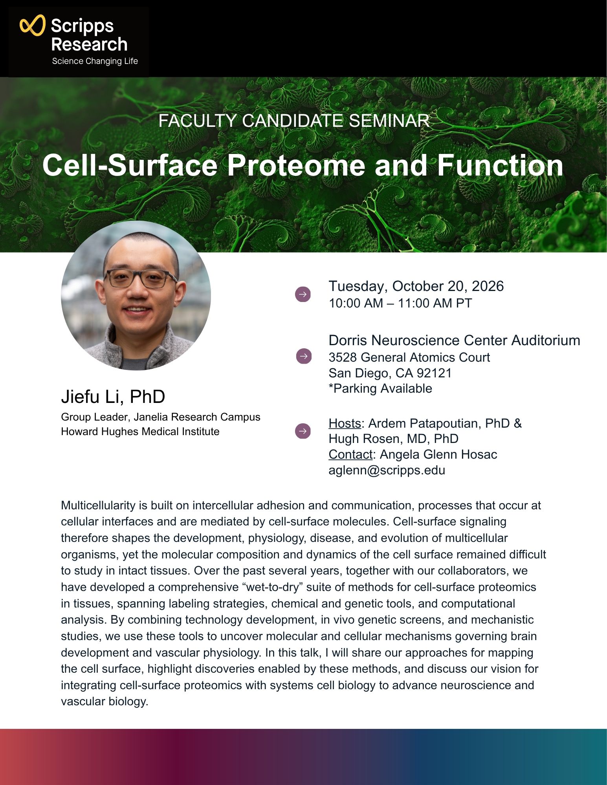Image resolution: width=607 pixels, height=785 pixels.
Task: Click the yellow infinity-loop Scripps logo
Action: point(33,26)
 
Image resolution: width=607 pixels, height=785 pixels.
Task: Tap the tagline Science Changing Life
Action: point(95,61)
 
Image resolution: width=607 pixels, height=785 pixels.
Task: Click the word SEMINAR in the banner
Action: point(389,121)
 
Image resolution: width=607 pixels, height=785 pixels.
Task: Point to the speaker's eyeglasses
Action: point(140,278)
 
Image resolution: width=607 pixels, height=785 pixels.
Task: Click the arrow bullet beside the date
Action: point(303,294)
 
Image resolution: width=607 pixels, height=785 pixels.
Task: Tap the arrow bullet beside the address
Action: point(304,356)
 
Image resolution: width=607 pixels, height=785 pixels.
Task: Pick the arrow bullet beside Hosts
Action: point(303,431)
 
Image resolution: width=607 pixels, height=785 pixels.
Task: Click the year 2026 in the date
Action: point(488,286)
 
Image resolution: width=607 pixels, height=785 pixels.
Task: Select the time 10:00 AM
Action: point(356,303)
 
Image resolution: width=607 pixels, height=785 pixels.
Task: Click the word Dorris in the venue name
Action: point(348,340)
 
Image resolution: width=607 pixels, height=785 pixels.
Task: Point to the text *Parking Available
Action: point(380,388)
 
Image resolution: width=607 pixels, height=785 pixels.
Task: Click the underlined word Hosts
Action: point(345,423)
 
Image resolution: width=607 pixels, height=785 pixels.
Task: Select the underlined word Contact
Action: point(350,454)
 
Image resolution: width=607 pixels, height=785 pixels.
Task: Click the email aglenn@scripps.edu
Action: point(387,470)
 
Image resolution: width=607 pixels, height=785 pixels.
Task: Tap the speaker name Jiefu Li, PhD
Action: point(113,397)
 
